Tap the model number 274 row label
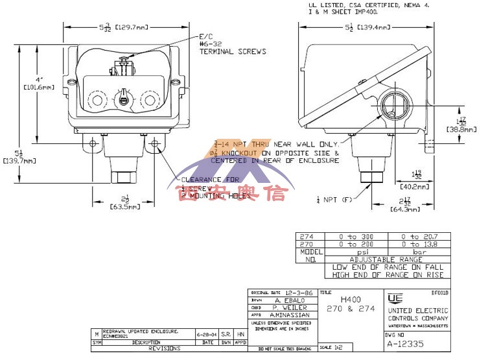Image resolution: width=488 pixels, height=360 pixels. coord(308,237)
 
